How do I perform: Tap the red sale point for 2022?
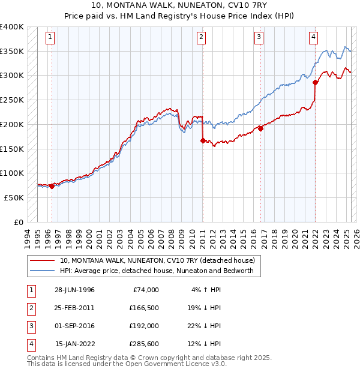point(315,82)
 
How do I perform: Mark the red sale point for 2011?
point(202,140)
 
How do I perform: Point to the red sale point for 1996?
point(52,186)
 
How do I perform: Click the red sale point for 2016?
point(261,128)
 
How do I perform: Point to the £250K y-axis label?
point(12,100)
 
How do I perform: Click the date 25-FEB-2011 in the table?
point(74,308)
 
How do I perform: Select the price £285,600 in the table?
point(143,344)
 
